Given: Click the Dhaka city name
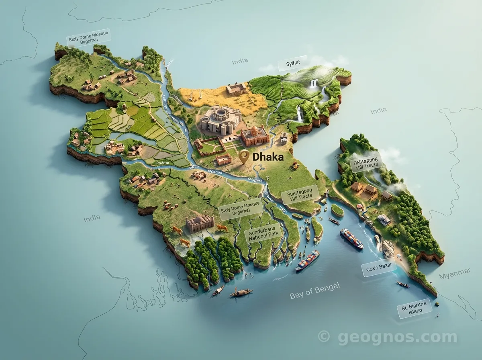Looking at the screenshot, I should (x=268, y=157).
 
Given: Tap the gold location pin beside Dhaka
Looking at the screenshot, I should (x=243, y=157).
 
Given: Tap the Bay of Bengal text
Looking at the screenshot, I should (x=315, y=291).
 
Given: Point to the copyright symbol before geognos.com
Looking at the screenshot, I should (x=323, y=336).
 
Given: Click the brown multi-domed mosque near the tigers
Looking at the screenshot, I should (x=199, y=223).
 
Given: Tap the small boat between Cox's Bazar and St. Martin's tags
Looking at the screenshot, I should (x=402, y=284).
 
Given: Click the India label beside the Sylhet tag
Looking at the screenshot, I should (x=240, y=62).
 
